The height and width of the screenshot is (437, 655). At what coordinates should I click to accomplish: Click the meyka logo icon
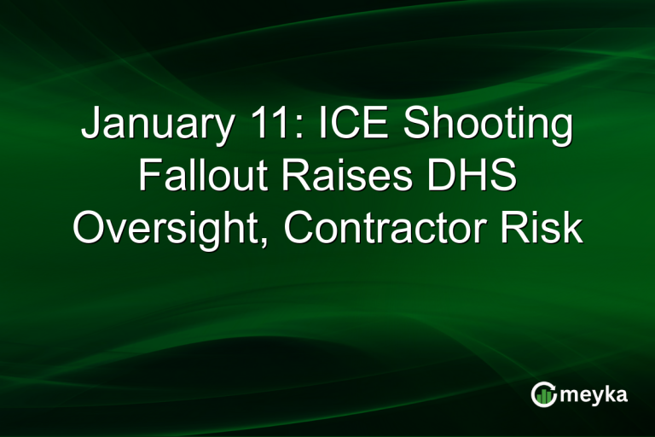(543, 393)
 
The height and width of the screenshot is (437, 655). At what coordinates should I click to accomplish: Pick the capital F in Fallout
(148, 178)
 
